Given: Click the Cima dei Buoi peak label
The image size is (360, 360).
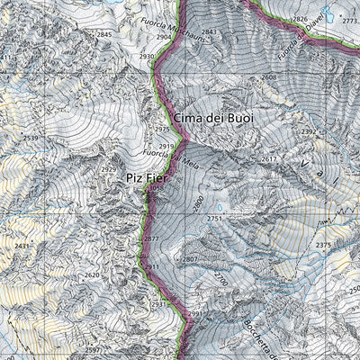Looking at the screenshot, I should click(x=214, y=118).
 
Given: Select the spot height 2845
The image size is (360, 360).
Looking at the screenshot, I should click(x=104, y=34).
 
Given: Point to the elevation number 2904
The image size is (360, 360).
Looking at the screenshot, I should click(x=163, y=38).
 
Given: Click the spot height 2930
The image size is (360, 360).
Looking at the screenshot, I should click(x=147, y=57).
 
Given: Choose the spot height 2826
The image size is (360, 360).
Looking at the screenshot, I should click(x=300, y=18).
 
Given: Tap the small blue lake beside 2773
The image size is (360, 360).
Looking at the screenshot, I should click(x=330, y=15).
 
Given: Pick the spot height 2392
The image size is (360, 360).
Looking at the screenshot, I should click(x=309, y=131).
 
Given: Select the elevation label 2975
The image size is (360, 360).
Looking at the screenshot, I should click(x=162, y=130).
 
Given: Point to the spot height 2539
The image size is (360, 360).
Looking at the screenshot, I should click(x=31, y=138).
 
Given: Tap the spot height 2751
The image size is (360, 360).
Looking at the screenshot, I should click(x=214, y=218).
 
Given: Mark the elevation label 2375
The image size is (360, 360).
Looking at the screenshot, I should click(x=324, y=245).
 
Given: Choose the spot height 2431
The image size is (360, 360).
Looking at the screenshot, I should click(x=22, y=246).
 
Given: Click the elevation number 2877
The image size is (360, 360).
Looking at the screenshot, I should click(x=151, y=238).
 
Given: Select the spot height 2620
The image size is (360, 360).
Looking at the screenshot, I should click(x=92, y=275).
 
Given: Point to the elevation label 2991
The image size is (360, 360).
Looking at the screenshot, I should click(x=195, y=313).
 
